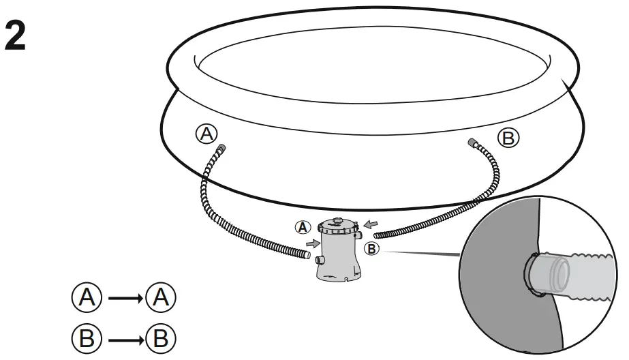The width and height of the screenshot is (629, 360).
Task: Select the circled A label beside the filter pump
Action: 302,228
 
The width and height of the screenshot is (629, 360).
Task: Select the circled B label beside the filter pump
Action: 371,249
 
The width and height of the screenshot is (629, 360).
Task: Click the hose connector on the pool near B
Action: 472,142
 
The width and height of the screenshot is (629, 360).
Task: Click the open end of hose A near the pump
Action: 307,257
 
